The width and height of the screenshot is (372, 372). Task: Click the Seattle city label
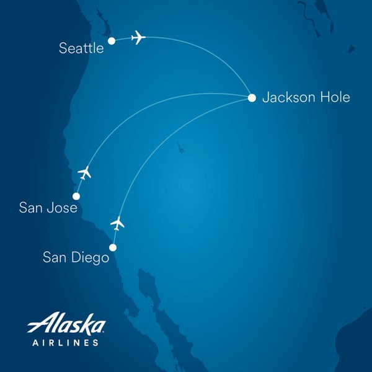click(x=81, y=48)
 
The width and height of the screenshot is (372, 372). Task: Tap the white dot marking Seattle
click(x=112, y=41)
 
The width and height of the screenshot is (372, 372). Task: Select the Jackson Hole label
click(x=306, y=97)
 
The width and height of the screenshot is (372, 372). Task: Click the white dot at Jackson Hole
click(x=252, y=98)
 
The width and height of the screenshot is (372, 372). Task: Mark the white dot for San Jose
click(x=76, y=195)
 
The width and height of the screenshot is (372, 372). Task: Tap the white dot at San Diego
click(x=112, y=247)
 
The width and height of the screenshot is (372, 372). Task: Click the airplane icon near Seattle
click(x=138, y=38)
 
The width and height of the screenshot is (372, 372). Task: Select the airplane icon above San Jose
click(x=84, y=172)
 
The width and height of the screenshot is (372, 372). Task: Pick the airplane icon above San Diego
click(x=117, y=222)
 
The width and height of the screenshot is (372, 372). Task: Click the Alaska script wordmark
click(x=66, y=324)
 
